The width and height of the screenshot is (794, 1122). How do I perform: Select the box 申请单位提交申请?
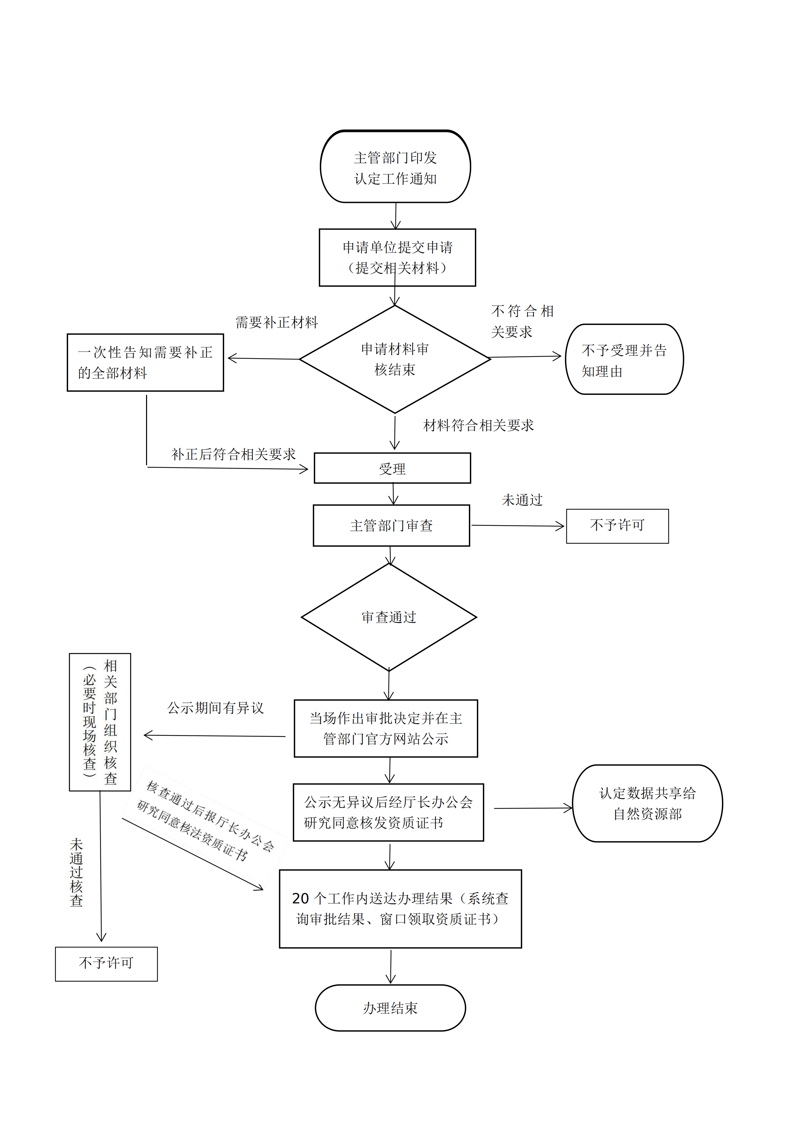[397, 258]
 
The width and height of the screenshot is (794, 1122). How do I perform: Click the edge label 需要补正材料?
[277, 323]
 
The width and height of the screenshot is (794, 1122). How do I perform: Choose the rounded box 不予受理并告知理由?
[624, 360]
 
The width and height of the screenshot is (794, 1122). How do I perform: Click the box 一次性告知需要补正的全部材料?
[145, 363]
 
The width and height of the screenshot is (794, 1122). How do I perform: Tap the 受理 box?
[392, 469]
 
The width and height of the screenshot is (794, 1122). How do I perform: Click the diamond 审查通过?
[389, 617]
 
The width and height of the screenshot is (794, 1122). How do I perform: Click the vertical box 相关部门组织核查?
[100, 722]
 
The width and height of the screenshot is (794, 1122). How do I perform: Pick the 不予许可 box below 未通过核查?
[106, 964]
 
